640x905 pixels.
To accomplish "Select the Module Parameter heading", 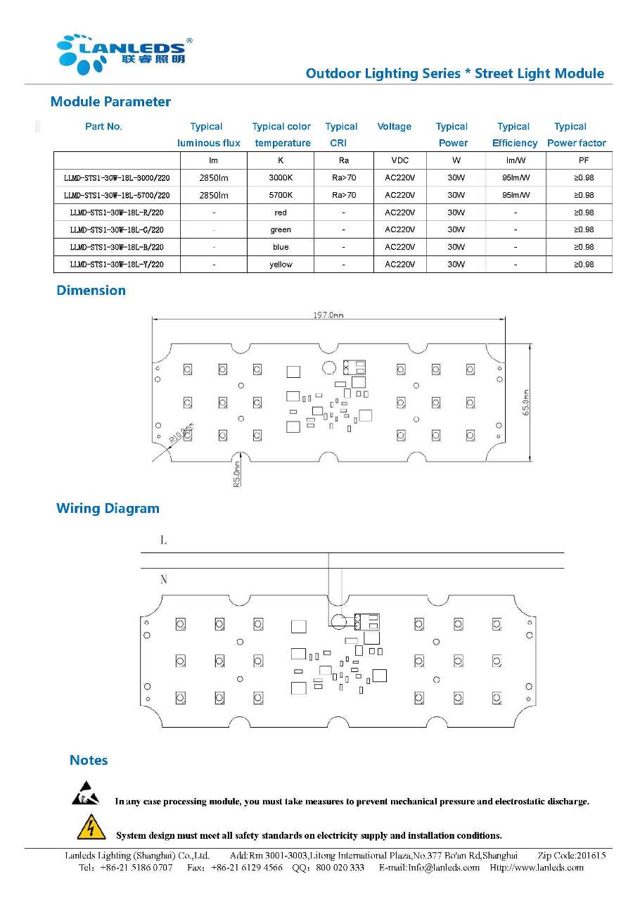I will pos(110,102).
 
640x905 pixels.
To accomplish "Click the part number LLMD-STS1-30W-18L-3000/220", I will pos(117,178).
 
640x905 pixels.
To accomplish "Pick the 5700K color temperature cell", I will pos(281,195).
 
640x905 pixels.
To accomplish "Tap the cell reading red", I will pos(281,213).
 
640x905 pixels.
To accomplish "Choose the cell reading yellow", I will pos(281,265).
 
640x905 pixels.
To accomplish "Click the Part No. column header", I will pos(103,127).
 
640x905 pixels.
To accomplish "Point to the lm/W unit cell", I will pos(516,160).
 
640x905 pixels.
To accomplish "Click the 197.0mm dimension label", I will pos(328,316).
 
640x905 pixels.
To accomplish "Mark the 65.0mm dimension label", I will pos(525,403).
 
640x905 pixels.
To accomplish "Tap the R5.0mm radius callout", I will pos(238,474).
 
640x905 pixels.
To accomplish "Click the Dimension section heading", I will pos(91,291).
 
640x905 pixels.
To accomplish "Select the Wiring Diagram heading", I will pos(108,509).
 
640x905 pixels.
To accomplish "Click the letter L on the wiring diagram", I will pos(164,540).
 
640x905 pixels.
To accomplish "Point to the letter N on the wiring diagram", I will pos(164,580).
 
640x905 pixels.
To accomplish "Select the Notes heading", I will pos(89,761).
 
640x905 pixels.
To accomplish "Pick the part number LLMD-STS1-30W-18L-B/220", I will pos(117,247).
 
